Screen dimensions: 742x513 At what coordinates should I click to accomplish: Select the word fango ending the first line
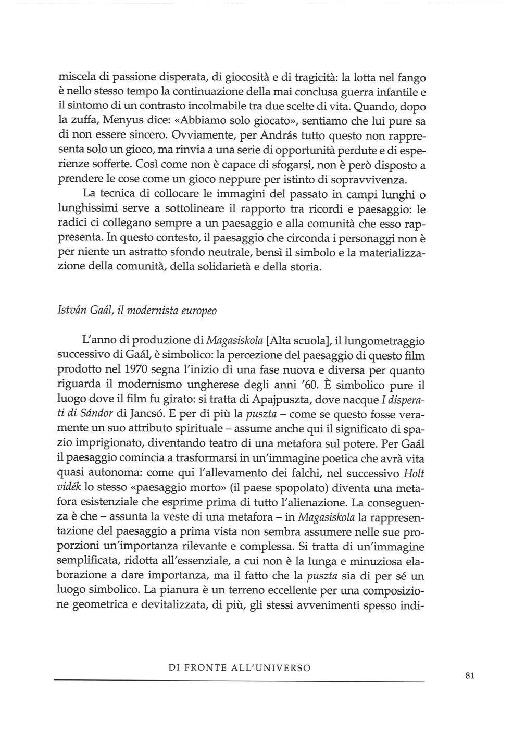412,78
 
